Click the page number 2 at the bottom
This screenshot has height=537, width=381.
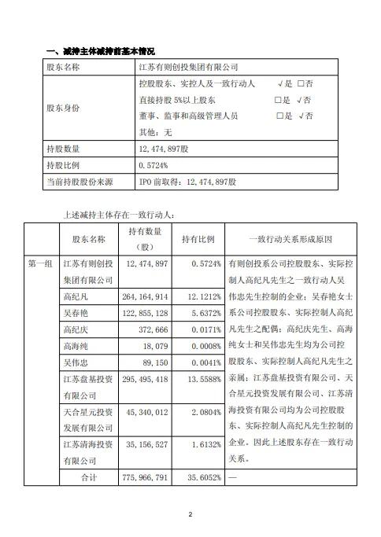(190, 515)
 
